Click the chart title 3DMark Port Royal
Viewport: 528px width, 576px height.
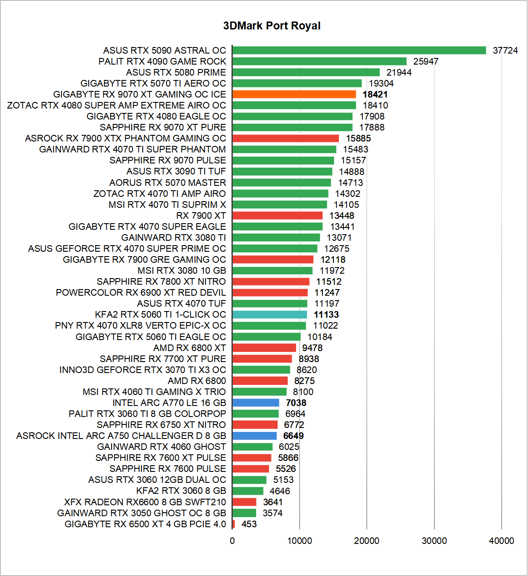pos(271,26)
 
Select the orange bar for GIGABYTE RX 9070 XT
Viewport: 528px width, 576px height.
pos(294,94)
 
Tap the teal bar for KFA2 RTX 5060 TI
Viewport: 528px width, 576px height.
pos(270,315)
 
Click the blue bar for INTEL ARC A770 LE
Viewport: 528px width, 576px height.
pos(256,403)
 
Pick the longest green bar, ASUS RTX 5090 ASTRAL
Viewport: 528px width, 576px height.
pos(359,51)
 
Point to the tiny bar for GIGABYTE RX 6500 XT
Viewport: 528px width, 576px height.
pos(234,524)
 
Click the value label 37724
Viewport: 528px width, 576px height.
pos(505,51)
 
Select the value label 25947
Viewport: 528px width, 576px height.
pos(426,62)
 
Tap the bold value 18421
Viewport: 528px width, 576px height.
pos(375,94)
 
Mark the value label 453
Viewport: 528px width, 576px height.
pos(249,524)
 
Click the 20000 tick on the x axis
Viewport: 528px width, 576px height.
pos(367,541)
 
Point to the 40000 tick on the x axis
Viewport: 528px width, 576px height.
pos(501,541)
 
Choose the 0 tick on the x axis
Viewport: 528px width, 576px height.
pos(232,541)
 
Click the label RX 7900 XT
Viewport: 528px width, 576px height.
pos(201,216)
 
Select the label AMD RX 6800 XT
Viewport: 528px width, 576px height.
pos(189,348)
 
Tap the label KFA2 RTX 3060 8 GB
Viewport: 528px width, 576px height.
pos(181,491)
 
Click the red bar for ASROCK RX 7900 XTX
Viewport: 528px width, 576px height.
pos(286,138)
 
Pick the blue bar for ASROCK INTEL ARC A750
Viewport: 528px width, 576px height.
pos(254,436)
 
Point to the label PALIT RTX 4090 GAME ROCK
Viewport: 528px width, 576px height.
pos(162,62)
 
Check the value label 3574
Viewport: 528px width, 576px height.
pos(272,513)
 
